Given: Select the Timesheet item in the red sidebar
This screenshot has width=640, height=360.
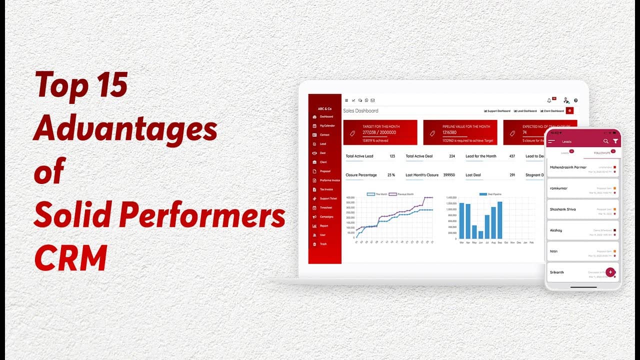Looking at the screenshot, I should [325, 207].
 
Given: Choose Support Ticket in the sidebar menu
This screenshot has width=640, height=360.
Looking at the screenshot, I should [328, 198].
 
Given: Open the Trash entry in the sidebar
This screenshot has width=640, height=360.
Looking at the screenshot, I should [323, 244].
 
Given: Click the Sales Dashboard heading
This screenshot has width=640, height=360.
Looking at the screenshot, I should [360, 110].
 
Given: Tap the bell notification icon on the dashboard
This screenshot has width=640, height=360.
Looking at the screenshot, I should [549, 100].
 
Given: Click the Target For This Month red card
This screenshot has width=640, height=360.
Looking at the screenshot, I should [379, 132].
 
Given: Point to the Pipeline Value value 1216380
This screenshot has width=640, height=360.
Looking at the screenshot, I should [449, 132].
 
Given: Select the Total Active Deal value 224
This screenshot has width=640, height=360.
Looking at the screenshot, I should [451, 156].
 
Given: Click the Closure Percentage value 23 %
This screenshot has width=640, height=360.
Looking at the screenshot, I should [391, 175].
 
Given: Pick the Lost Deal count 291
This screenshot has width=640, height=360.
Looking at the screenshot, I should [512, 175].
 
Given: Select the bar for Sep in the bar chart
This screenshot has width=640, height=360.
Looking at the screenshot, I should [499, 220].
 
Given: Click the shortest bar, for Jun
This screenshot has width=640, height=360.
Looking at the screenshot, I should [480, 234].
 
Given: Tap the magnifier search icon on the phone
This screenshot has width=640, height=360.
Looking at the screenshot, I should [606, 141].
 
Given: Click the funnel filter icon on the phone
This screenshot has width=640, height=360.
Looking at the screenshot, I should [615, 141].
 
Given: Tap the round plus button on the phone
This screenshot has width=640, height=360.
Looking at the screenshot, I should [609, 272].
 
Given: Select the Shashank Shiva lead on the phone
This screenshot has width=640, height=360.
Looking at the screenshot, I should [563, 209].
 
